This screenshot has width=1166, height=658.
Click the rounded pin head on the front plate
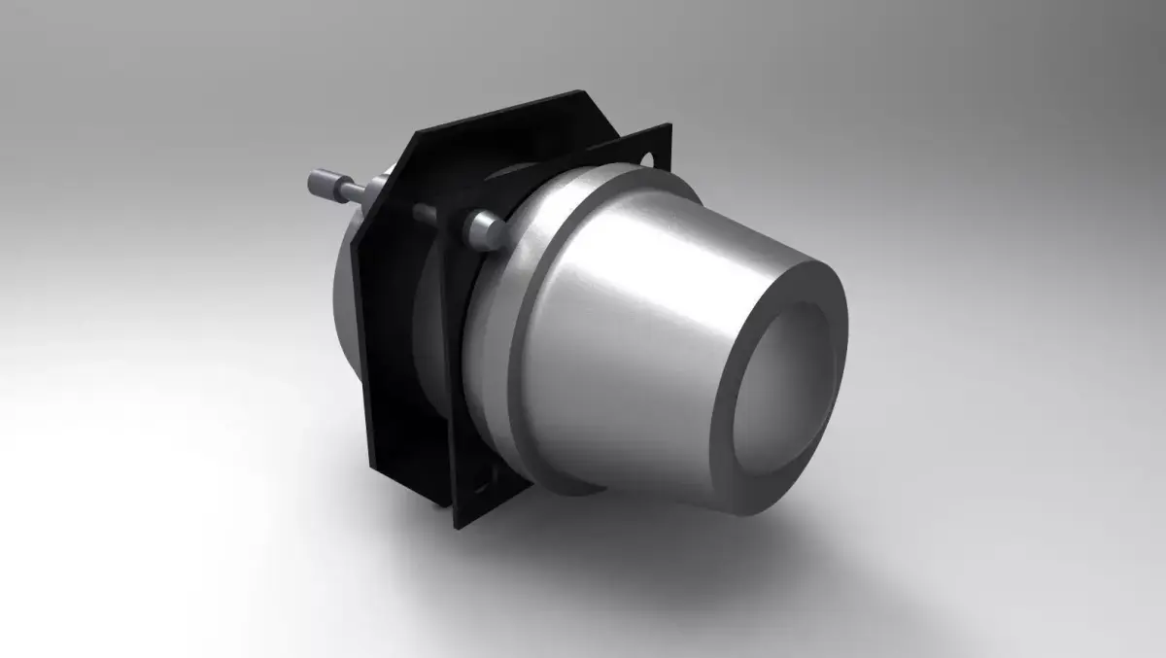pos(484,229)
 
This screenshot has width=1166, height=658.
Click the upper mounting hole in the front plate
pos(648,157)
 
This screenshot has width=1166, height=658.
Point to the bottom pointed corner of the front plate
pos(457,525)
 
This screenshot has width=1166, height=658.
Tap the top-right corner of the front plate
pos(669,128)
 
